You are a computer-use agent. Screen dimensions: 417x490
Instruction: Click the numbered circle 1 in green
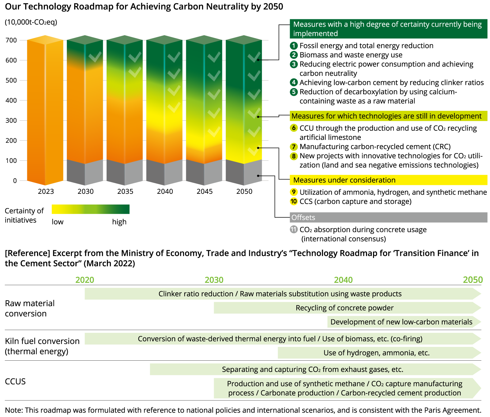click(x=294, y=46)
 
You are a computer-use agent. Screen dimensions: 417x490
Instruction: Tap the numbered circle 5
click(x=294, y=92)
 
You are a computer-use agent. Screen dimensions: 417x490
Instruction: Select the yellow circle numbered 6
click(x=294, y=128)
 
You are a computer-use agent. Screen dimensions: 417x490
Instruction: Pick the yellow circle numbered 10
click(x=294, y=201)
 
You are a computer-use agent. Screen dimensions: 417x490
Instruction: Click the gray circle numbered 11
click(x=294, y=229)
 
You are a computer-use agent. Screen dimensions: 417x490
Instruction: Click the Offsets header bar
click(x=388, y=217)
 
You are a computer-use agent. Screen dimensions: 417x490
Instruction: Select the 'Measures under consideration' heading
click(x=388, y=180)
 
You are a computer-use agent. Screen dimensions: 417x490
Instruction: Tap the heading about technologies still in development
click(x=388, y=116)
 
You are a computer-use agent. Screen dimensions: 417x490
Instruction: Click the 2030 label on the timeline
click(x=214, y=280)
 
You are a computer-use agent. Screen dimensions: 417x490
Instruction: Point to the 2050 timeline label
click(x=473, y=280)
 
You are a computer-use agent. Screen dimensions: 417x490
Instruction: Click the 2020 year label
click(x=85, y=280)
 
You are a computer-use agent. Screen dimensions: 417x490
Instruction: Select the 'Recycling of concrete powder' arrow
click(x=345, y=308)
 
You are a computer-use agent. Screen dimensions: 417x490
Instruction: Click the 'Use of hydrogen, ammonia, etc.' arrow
click(x=377, y=353)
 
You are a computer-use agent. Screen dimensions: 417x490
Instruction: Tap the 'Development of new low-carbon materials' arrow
click(x=401, y=322)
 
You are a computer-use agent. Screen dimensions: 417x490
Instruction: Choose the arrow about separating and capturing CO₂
click(x=312, y=370)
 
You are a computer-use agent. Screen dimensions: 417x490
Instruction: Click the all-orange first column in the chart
click(x=45, y=110)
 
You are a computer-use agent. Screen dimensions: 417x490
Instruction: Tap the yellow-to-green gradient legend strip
click(x=91, y=209)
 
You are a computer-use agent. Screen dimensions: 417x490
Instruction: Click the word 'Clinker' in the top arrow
click(x=170, y=294)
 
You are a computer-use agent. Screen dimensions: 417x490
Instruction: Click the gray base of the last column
click(x=244, y=173)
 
